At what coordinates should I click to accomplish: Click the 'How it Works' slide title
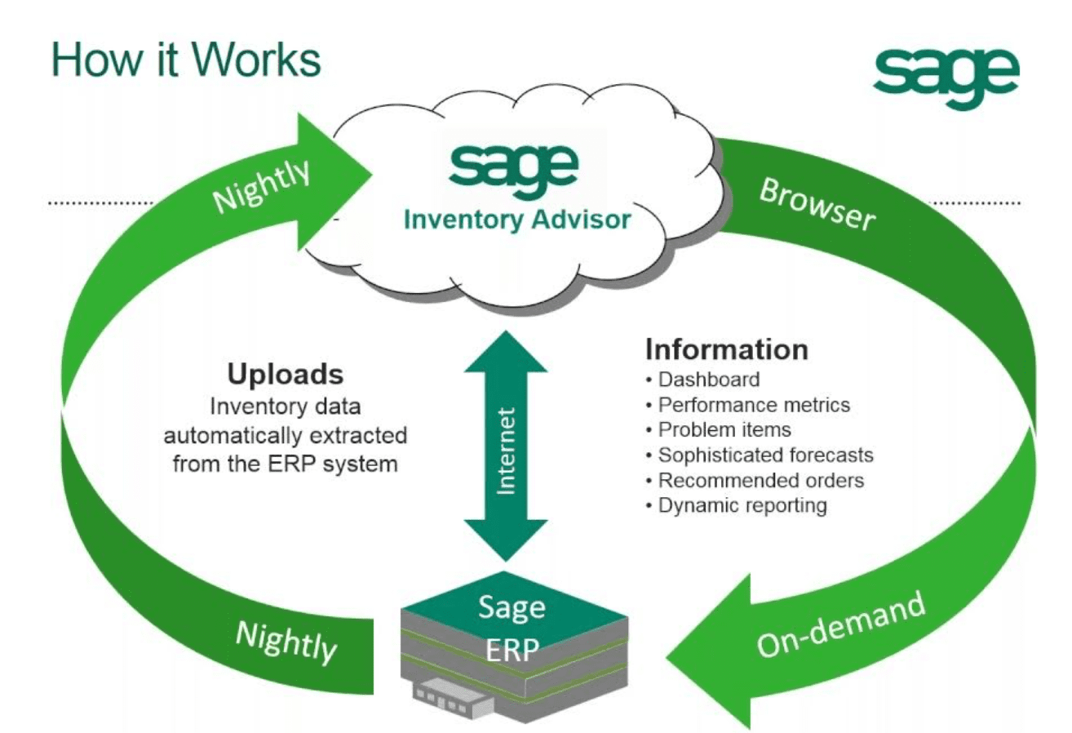coord(186,60)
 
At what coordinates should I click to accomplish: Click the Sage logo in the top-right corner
coord(946,78)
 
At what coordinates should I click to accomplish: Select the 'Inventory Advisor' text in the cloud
coord(517,219)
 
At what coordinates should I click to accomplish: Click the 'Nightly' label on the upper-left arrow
coord(264,187)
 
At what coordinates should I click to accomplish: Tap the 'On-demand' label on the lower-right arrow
coord(842,624)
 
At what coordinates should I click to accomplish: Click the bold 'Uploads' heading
coord(285,375)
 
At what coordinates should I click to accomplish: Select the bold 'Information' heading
coord(726,349)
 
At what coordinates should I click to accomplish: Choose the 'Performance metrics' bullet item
coord(753,405)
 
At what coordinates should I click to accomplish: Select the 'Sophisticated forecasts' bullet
coord(765,455)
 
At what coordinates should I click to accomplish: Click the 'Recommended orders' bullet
coord(760,480)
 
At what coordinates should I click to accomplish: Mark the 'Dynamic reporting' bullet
coord(742,505)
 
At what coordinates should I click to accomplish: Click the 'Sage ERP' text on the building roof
coord(512,628)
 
